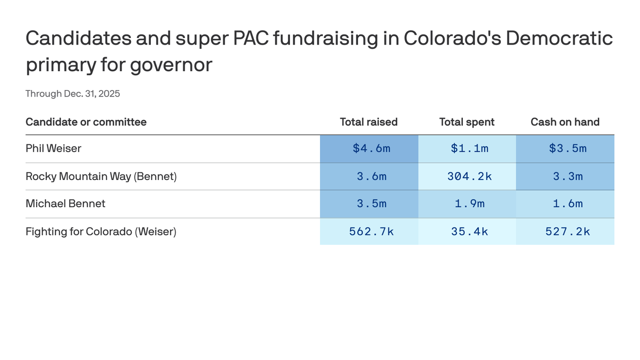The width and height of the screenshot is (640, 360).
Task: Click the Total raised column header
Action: tap(368, 122)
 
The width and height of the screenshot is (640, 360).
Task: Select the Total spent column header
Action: tap(467, 122)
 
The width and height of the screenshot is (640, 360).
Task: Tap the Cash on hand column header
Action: tap(565, 122)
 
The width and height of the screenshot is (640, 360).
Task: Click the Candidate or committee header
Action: tap(86, 122)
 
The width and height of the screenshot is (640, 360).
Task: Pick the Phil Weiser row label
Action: tap(53, 149)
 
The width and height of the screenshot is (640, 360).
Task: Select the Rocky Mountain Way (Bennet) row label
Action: tap(101, 176)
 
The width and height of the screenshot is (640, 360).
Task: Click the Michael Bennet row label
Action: tap(65, 203)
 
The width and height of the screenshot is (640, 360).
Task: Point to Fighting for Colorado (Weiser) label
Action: tap(101, 232)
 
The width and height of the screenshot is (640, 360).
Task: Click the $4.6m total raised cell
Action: tap(371, 149)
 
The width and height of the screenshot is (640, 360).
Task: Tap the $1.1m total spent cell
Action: tap(469, 149)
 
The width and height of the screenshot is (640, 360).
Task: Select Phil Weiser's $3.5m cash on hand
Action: tap(567, 149)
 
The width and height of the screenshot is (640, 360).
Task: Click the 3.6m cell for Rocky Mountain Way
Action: tap(371, 176)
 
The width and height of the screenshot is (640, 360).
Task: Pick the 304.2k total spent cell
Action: tap(469, 176)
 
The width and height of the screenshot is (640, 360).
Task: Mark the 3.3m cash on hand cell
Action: tap(567, 176)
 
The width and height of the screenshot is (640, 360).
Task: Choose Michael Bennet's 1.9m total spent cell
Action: tap(469, 203)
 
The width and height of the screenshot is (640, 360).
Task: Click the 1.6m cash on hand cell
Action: tap(567, 203)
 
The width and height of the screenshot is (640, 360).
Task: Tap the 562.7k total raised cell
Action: tap(371, 232)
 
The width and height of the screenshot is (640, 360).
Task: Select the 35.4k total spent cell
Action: tap(469, 232)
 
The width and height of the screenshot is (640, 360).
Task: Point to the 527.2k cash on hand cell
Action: tap(567, 232)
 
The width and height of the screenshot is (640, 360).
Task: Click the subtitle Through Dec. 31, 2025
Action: tap(73, 94)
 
